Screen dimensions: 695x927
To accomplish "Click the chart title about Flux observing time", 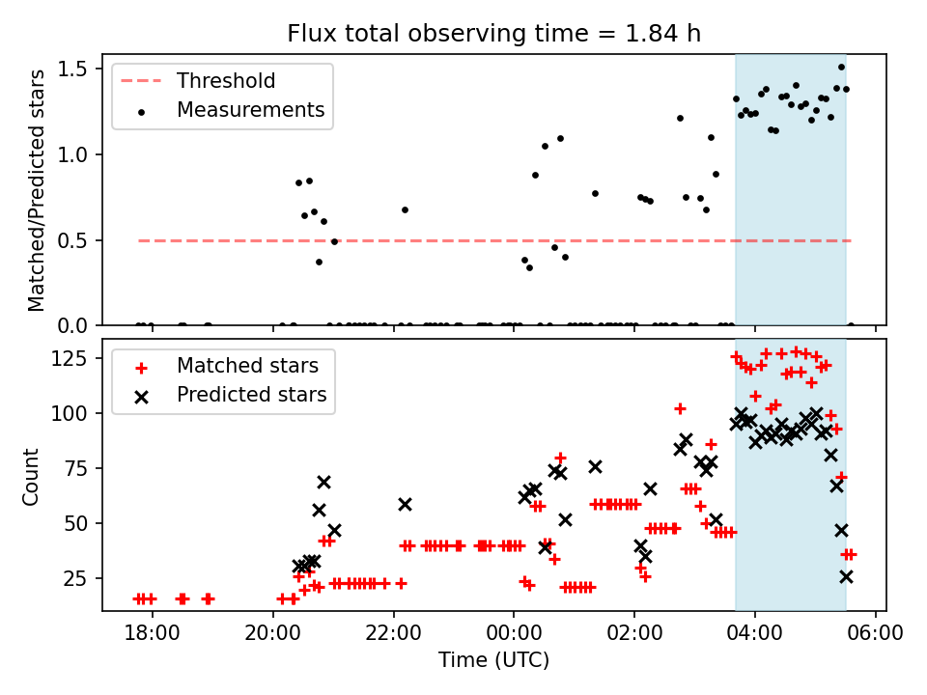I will (x=493, y=34).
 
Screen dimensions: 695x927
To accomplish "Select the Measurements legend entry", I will (x=250, y=110).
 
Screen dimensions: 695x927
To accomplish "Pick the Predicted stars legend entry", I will (x=251, y=395).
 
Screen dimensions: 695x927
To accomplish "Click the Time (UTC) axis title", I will (x=493, y=660).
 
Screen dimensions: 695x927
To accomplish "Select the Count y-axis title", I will (x=32, y=476).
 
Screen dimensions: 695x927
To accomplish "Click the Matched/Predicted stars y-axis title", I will (x=37, y=190).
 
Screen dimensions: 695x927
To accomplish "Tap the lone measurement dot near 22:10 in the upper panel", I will (x=405, y=209).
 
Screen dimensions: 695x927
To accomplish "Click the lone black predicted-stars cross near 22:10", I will (x=405, y=504).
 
